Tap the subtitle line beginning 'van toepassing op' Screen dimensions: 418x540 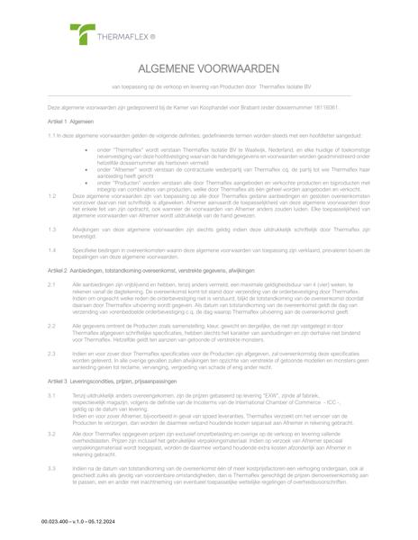coord(209,87)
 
